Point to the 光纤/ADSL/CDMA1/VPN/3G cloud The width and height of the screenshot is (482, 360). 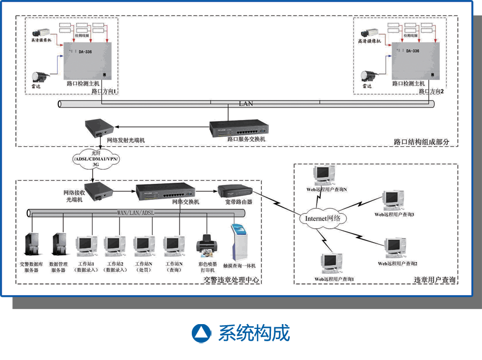pyautogui.click(x=96, y=159)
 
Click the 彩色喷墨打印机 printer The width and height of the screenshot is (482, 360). pyautogui.click(x=207, y=246)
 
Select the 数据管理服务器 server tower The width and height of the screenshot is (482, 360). pyautogui.click(x=59, y=245)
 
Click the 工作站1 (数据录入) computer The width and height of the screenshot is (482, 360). pyautogui.click(x=86, y=245)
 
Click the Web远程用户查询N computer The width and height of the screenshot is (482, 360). pyautogui.click(x=325, y=174)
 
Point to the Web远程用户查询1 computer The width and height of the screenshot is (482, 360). pyautogui.click(x=330, y=262)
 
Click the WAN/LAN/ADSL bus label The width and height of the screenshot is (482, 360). pyautogui.click(x=135, y=213)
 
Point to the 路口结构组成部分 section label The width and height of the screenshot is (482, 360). pyautogui.click(x=421, y=142)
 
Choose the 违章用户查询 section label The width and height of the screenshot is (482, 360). pyautogui.click(x=434, y=280)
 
